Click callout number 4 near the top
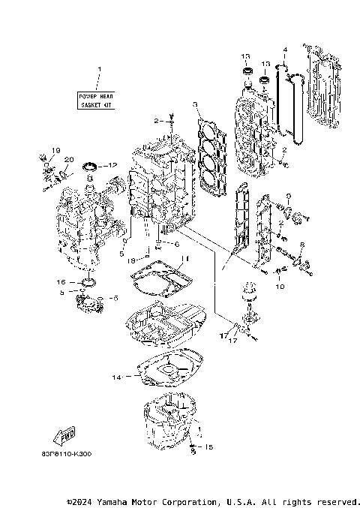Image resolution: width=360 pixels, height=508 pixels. click(x=285, y=50)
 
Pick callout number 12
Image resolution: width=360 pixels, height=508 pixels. click(x=113, y=164)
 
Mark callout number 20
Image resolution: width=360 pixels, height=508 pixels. click(x=68, y=159)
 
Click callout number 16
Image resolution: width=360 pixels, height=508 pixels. click(x=62, y=281)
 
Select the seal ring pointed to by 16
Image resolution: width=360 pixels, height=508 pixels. click(x=87, y=282)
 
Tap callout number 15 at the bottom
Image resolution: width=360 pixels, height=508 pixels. click(x=208, y=447)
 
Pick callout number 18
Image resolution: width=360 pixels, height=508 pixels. click(x=131, y=259)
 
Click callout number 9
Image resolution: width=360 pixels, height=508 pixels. click(x=289, y=196)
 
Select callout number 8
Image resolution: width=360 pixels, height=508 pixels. click(x=301, y=245)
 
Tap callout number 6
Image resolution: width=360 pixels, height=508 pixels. click(x=177, y=244)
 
